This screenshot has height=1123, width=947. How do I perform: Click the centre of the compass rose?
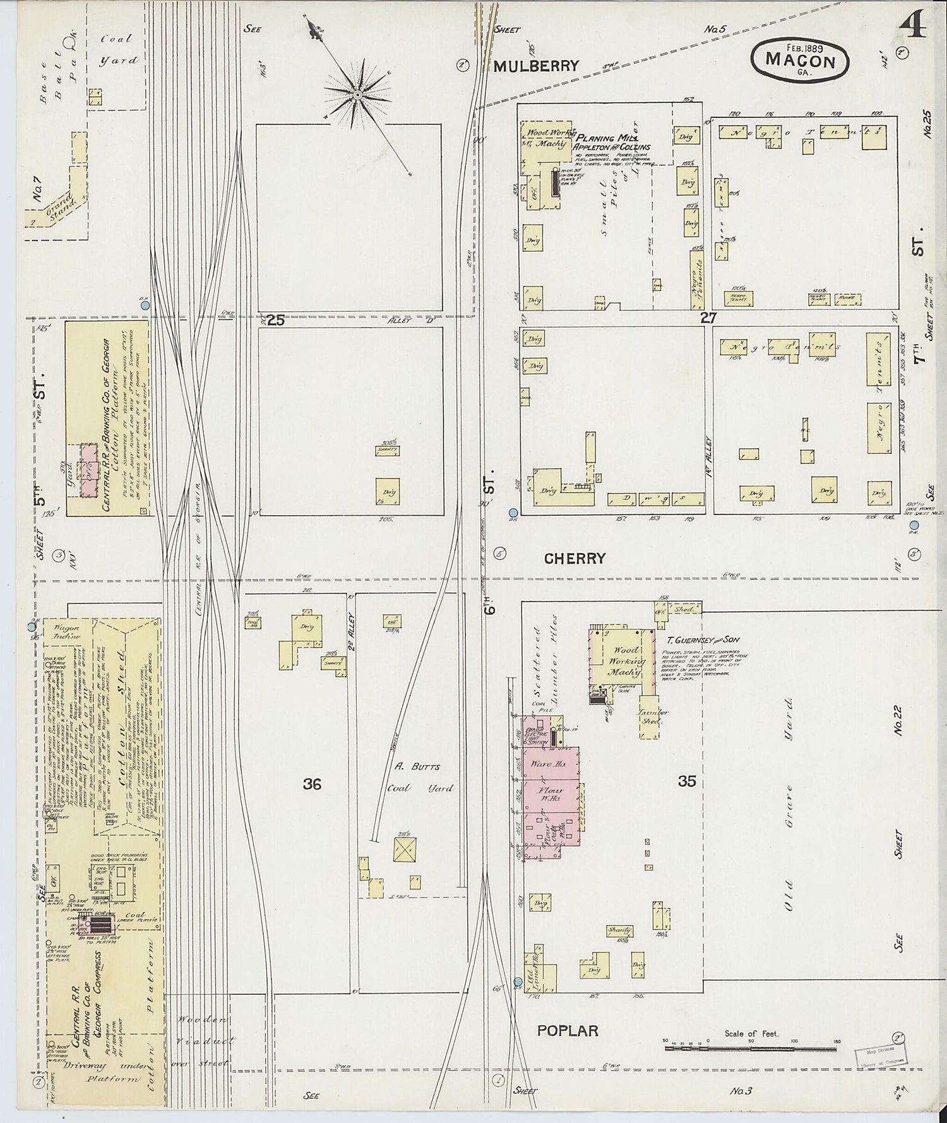357,95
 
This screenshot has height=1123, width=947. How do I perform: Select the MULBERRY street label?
536,66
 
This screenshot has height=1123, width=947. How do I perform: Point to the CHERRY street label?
575,558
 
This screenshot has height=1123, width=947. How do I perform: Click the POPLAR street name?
568,1030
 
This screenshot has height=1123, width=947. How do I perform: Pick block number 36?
312,784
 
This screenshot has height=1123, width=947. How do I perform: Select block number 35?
687,781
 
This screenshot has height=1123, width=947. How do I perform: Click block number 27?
708,318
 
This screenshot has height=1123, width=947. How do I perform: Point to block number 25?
275,320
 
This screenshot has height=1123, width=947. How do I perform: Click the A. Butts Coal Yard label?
417,777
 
